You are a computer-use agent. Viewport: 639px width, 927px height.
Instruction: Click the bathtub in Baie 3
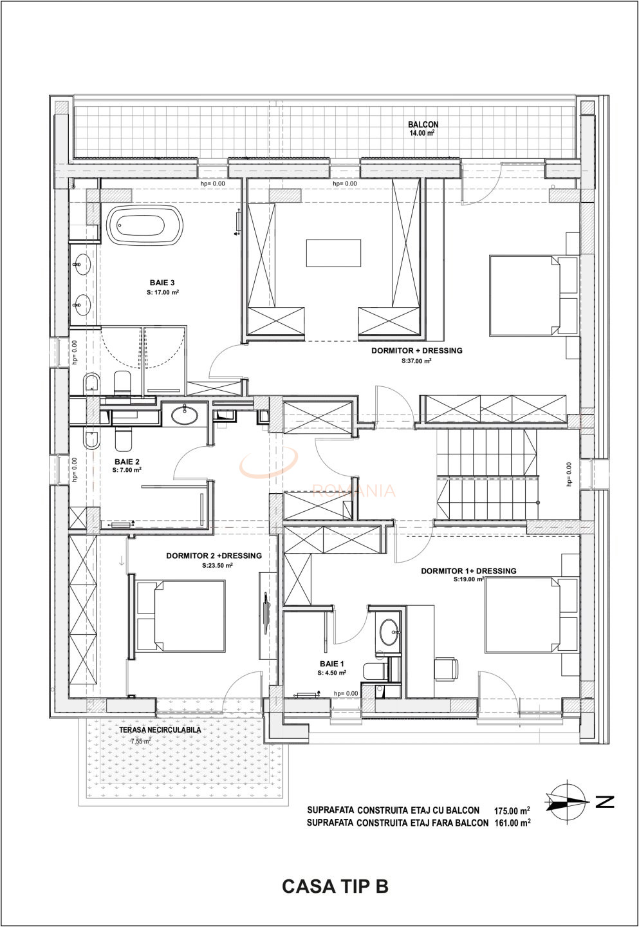coord(145,225)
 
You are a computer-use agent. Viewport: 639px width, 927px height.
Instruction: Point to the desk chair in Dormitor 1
coord(446,668)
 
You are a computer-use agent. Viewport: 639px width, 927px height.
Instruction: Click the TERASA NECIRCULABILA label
coord(160,731)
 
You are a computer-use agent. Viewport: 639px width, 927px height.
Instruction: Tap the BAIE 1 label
coord(332,663)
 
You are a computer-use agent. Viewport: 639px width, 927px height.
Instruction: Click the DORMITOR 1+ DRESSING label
coord(468,570)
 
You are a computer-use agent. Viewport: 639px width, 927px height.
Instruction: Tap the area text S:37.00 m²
coord(416,361)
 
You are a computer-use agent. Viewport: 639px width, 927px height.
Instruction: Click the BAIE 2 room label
coord(127,462)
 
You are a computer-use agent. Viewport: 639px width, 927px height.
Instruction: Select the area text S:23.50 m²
coord(217,566)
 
